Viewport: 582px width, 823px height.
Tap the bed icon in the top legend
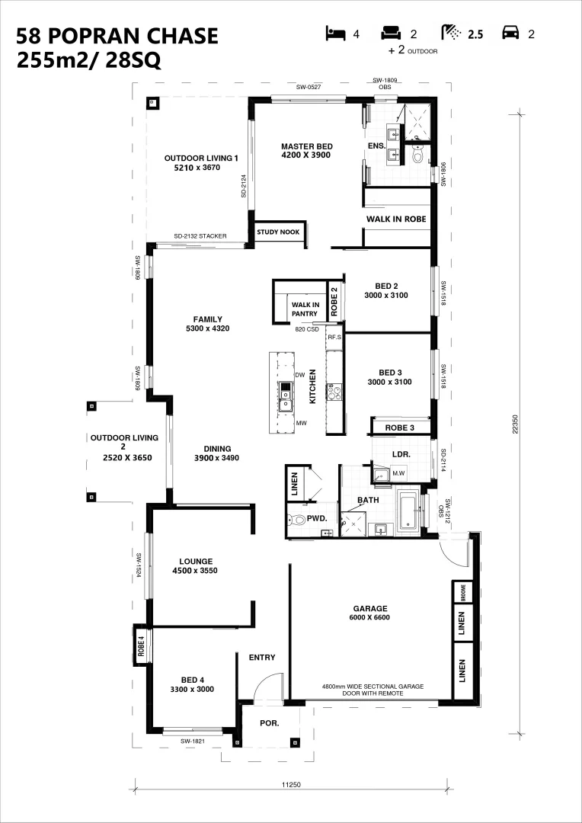point(334,34)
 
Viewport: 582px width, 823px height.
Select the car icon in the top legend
point(510,34)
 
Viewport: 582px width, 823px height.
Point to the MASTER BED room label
point(306,150)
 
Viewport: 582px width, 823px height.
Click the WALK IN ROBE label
point(395,219)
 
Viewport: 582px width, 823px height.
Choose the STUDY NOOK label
point(279,232)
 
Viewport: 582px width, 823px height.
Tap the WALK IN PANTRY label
point(304,309)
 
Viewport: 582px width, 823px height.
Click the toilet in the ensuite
point(417,156)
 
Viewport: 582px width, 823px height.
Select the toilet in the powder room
point(296,520)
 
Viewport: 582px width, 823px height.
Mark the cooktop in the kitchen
point(334,393)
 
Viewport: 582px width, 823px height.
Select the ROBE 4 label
point(141,645)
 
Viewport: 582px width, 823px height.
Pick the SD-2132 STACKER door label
point(200,236)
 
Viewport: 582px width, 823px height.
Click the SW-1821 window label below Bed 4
point(193,741)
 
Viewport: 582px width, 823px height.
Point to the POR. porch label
point(269,722)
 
